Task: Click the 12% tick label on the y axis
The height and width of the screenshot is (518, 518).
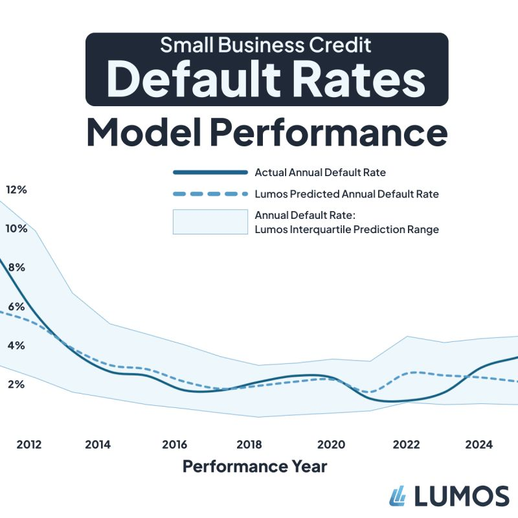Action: click(x=16, y=190)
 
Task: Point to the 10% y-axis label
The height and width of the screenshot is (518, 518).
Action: click(x=16, y=229)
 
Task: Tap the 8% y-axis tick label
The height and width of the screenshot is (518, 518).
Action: click(x=16, y=267)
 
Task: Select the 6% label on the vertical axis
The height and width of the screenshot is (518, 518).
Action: click(x=16, y=306)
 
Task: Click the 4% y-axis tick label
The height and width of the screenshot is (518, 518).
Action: click(x=16, y=345)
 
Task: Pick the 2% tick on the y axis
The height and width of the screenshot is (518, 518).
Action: click(x=16, y=384)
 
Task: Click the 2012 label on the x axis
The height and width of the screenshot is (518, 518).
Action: click(x=29, y=445)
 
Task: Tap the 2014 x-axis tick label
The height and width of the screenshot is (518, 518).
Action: click(x=98, y=445)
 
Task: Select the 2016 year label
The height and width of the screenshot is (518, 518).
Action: click(x=175, y=445)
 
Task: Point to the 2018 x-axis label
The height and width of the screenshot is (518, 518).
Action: click(x=249, y=445)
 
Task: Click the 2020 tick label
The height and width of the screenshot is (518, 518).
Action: click(x=331, y=445)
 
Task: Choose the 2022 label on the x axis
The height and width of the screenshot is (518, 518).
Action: click(x=407, y=445)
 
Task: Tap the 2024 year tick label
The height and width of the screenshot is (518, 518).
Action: click(x=479, y=445)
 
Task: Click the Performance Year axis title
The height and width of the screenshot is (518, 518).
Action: click(x=254, y=466)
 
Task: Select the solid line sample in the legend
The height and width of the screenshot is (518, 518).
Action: click(x=210, y=172)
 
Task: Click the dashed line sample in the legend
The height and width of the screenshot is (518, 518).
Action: click(x=210, y=194)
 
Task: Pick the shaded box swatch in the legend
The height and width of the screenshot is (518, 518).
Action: click(x=210, y=221)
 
